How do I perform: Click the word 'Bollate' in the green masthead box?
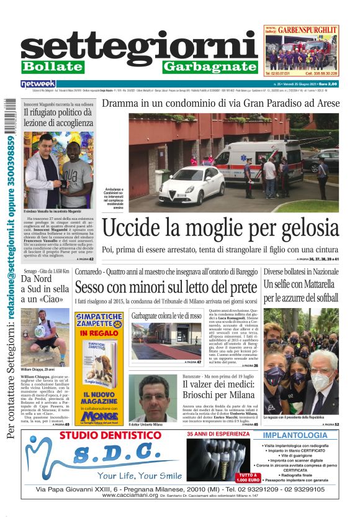click(x=52, y=66)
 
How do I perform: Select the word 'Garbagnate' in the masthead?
click(x=210, y=66)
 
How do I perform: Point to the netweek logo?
click(x=38, y=83)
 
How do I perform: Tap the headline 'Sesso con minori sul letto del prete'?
click(x=166, y=288)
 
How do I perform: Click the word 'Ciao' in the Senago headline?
click(x=55, y=299)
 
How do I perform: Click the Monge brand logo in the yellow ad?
click(x=99, y=416)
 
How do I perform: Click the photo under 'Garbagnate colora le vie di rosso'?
click(x=166, y=340)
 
